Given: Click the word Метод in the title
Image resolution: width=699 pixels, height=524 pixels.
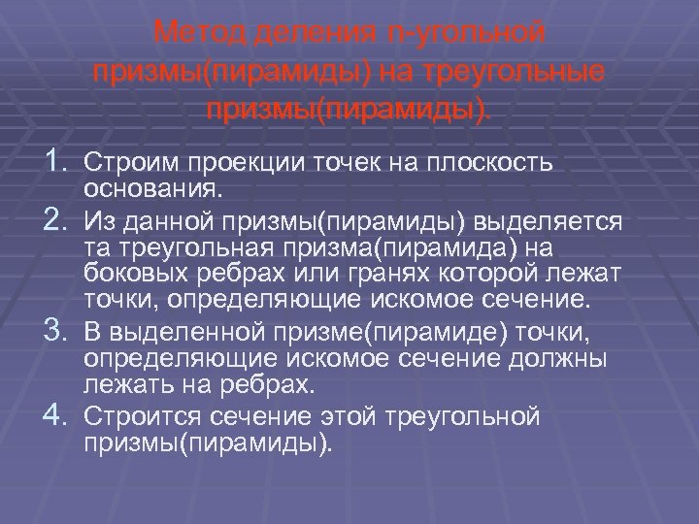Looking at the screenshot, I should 197,34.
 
